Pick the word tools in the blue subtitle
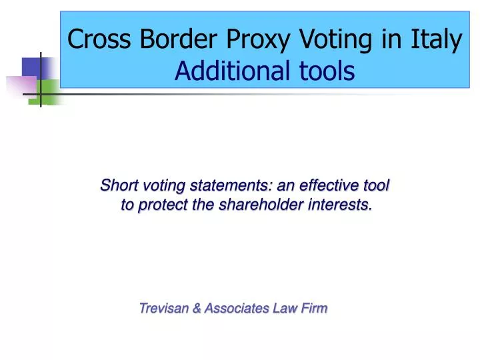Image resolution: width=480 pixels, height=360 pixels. click(x=323, y=71)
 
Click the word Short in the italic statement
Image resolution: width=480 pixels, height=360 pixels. click(x=116, y=185)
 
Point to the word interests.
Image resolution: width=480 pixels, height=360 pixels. click(x=340, y=205)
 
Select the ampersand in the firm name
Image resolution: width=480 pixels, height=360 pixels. click(x=196, y=308)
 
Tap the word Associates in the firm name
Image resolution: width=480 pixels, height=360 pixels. click(x=235, y=308)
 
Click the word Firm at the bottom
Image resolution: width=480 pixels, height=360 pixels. click(x=313, y=308)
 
